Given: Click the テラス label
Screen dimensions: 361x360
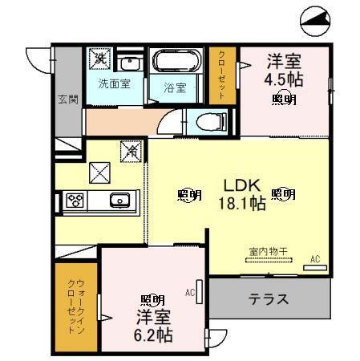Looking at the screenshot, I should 268,300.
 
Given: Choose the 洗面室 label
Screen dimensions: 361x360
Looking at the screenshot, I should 114,83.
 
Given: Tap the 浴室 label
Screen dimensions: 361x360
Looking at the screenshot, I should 176,87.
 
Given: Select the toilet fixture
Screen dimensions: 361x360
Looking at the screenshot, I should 212,122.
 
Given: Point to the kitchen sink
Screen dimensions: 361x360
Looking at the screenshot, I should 120,200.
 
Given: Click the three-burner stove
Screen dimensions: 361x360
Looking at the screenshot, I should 76,200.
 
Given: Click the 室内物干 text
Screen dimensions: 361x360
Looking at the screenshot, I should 267,250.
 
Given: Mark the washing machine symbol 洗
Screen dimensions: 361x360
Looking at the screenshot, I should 99,57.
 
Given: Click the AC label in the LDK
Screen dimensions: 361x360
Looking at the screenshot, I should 315,258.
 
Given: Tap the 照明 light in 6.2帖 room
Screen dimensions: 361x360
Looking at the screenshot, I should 152,301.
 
